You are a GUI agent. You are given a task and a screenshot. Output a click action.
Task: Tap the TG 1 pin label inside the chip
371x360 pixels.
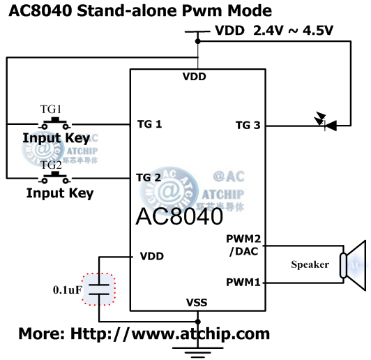[x=149, y=125]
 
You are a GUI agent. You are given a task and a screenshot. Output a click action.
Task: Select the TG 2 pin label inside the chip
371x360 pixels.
[x=149, y=177]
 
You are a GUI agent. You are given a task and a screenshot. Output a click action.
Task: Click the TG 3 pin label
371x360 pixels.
[x=248, y=126]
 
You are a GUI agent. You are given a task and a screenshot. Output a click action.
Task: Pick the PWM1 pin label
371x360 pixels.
[x=244, y=283]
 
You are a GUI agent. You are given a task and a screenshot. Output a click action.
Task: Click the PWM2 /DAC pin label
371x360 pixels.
[x=244, y=246]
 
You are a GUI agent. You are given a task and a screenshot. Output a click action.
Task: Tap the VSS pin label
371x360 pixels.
[x=197, y=302]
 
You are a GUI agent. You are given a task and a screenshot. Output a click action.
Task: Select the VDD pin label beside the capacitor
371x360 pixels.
[x=152, y=256]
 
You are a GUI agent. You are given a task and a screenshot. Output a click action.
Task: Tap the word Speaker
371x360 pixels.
[x=310, y=264]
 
